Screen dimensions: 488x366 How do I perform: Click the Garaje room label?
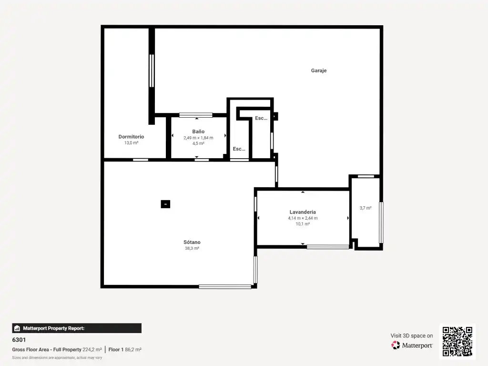coord(319,71)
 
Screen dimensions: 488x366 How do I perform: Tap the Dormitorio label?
coord(131,137)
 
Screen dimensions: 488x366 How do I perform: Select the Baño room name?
coord(198,132)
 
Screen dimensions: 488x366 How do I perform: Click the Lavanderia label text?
coord(303,212)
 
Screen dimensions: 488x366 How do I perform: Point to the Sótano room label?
coord(192,242)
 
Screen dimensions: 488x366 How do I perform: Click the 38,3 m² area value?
coord(192,248)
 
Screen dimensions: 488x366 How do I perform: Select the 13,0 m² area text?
coord(132,143)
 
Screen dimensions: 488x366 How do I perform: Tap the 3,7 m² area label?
coord(366,208)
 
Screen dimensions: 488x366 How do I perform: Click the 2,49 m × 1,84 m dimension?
coord(198,138)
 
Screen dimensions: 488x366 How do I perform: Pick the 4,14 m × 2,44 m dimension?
coord(303,218)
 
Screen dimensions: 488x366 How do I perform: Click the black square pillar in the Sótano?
coord(165,204)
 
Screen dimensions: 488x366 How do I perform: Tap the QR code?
coord(457,341)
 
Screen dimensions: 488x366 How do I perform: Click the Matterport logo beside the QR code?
coord(412,345)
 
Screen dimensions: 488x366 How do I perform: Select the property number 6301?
coord(19,340)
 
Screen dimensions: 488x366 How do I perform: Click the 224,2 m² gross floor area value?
coord(92,349)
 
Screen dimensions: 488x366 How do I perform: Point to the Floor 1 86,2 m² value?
coord(125,349)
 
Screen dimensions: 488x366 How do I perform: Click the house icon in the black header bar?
coord(17,328)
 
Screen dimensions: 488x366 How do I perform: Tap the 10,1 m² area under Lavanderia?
coord(303,224)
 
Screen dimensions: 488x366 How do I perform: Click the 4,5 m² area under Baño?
coord(198,143)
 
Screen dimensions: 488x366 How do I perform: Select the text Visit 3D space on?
coord(412,335)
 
